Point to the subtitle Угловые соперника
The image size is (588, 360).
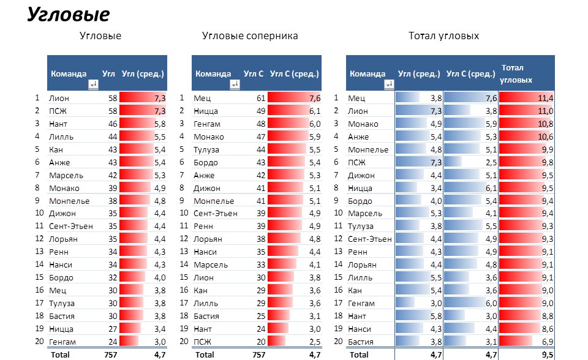point(250,36)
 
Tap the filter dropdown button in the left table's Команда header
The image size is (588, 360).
point(93,85)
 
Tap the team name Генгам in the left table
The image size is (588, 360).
point(62,342)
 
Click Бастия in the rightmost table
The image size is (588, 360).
point(360,342)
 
